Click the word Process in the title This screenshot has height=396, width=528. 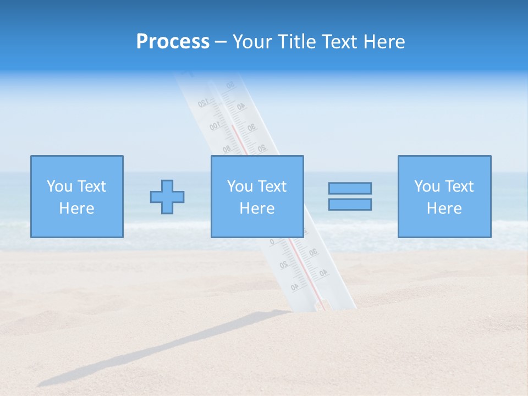[173, 42]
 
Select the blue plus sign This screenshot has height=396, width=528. [167, 196]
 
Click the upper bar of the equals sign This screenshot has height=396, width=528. [350, 188]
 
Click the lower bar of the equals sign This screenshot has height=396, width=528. [350, 204]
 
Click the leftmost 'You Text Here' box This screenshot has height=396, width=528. [76, 196]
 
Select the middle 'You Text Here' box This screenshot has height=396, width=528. [257, 196]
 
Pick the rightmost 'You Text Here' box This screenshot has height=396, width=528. [444, 196]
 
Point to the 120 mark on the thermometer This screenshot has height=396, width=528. [203, 103]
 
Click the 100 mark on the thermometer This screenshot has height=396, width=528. [215, 127]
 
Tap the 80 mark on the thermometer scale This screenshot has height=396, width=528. [226, 148]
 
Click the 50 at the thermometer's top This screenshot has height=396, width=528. [230, 85]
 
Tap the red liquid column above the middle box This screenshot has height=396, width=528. [237, 140]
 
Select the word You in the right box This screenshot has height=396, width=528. [427, 186]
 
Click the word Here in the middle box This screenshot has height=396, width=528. [257, 208]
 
